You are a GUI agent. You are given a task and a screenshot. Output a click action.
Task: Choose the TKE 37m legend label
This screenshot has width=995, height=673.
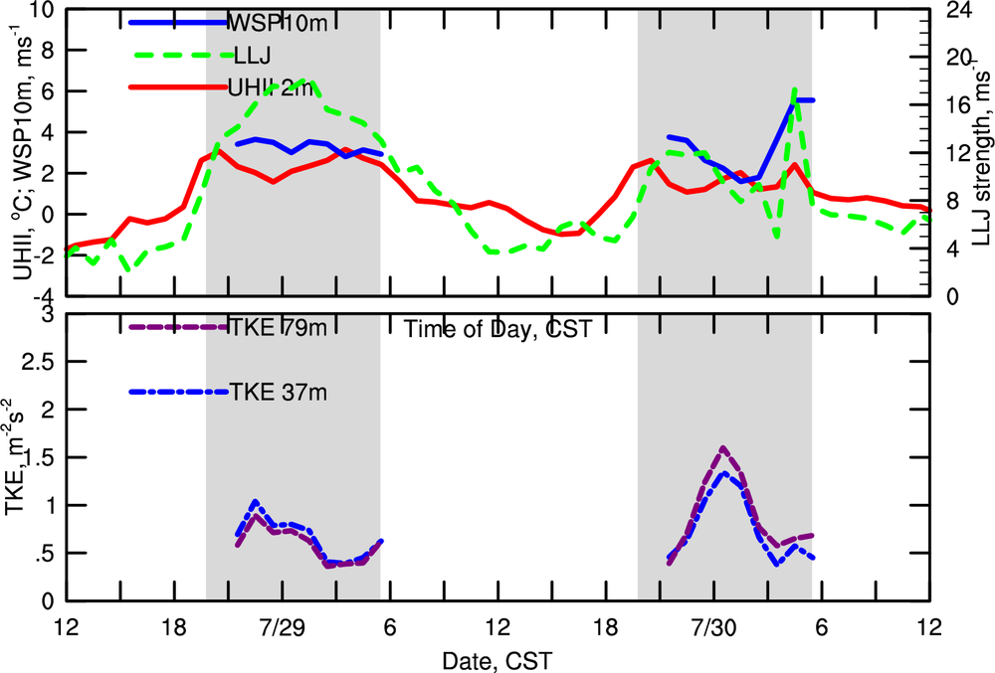click(279, 392)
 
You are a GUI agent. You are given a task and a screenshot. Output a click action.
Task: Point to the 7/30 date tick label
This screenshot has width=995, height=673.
click(713, 629)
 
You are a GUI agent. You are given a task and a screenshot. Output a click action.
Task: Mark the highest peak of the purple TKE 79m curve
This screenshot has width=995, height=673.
click(722, 448)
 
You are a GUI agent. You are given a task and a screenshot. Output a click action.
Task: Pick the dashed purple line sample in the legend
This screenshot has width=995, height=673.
click(180, 327)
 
